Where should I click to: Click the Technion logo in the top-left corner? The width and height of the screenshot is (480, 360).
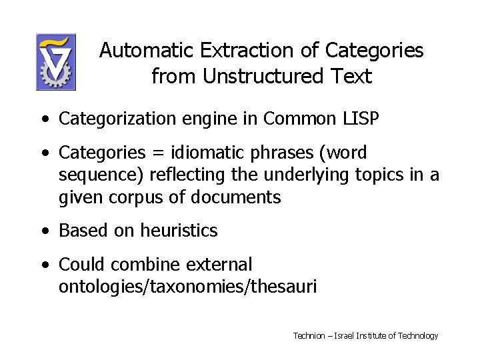pos(56,62)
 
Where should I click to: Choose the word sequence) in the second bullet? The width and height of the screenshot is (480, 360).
pos(100,176)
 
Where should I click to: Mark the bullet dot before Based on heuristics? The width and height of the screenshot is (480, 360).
pos(43,231)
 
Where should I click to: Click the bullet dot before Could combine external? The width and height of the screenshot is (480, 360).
pos(43,265)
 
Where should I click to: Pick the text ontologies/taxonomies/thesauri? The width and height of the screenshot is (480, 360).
pos(187,287)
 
